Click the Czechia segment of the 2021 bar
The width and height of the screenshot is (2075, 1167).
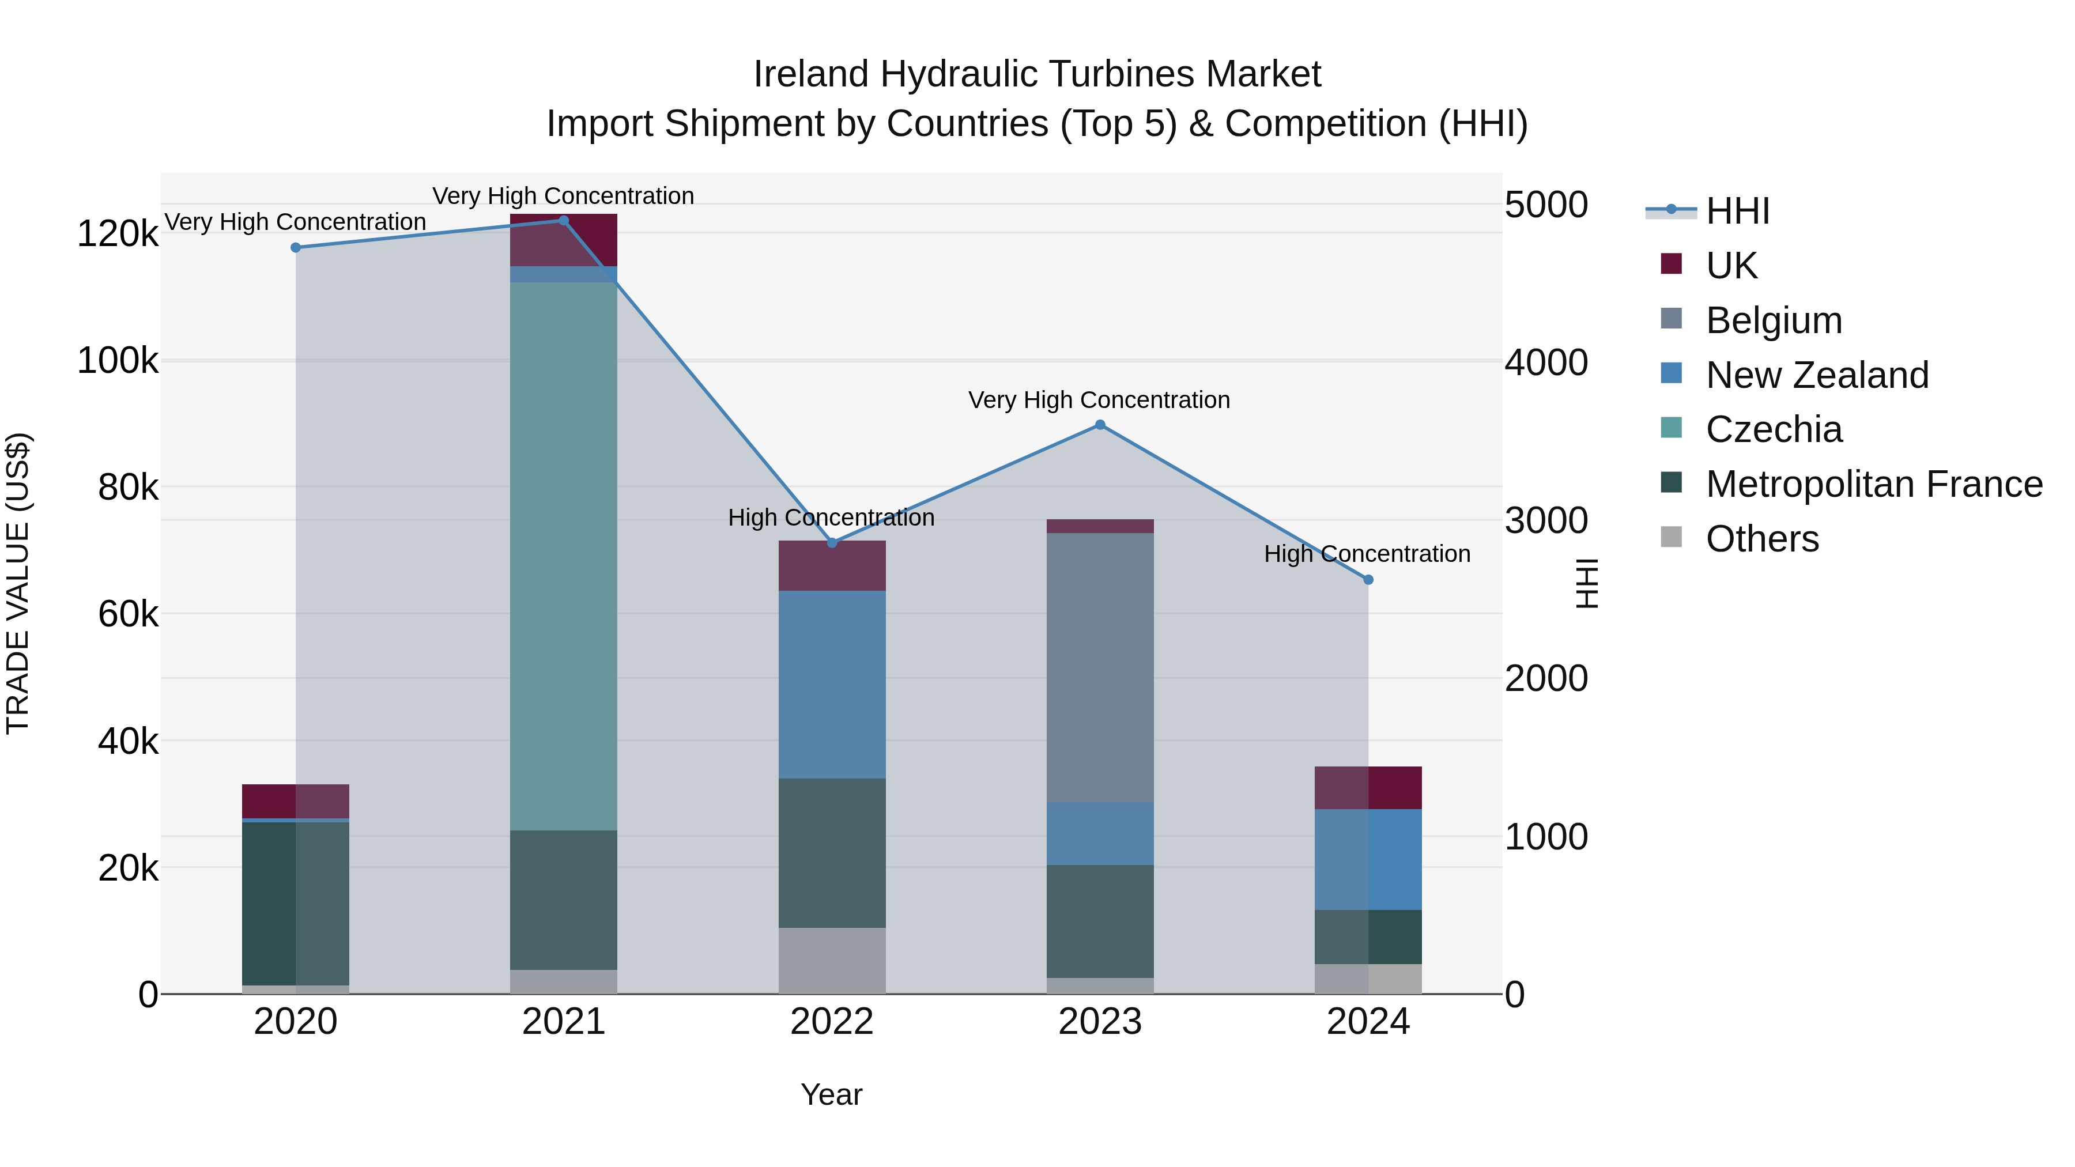(x=563, y=556)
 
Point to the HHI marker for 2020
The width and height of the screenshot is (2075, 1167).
(x=296, y=247)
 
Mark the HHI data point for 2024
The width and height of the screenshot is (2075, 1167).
(x=1368, y=580)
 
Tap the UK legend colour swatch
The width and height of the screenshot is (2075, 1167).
(x=1672, y=264)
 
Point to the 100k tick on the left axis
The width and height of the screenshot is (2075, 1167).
(x=118, y=361)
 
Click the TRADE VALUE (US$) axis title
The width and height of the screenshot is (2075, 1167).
(x=18, y=583)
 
